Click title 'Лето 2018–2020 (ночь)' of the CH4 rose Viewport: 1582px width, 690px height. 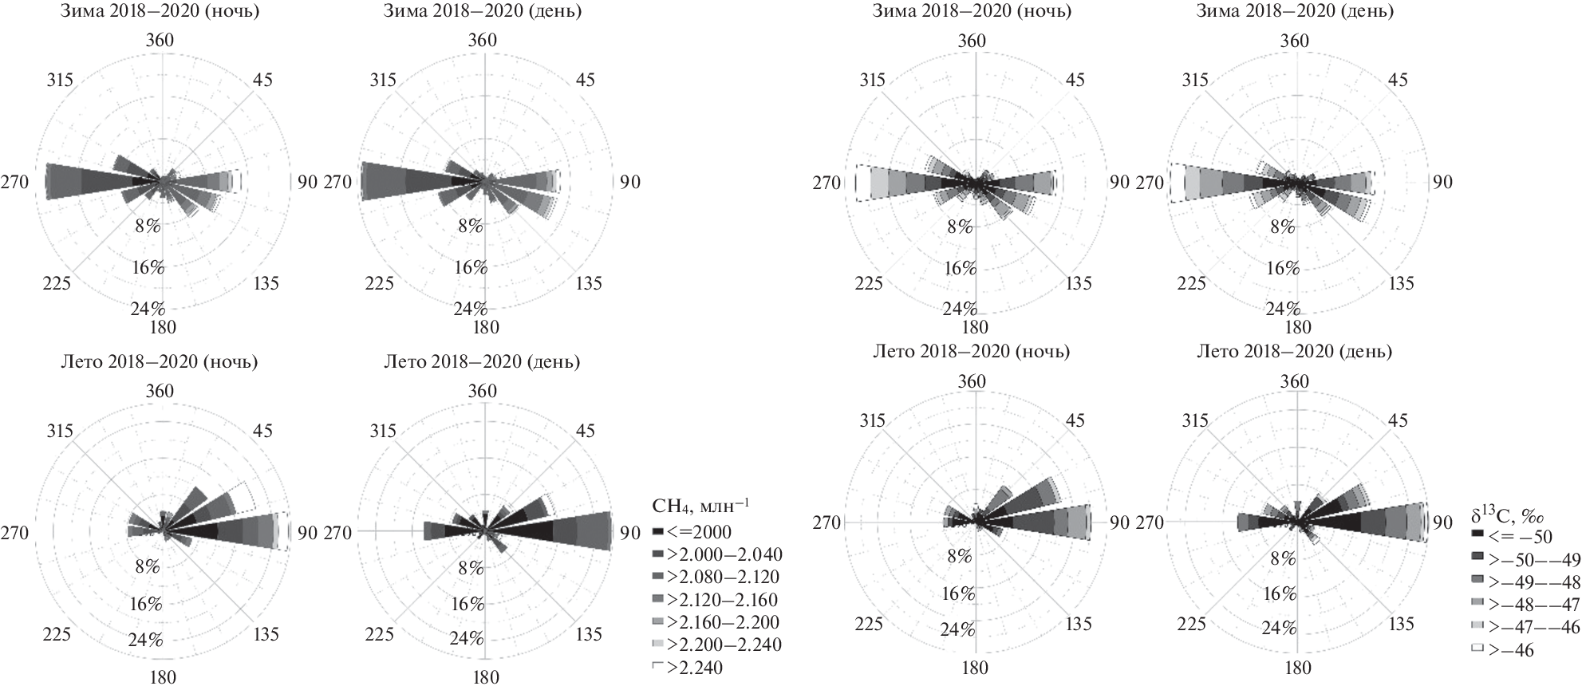point(160,362)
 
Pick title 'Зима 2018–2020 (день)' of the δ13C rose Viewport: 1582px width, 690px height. point(1295,12)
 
